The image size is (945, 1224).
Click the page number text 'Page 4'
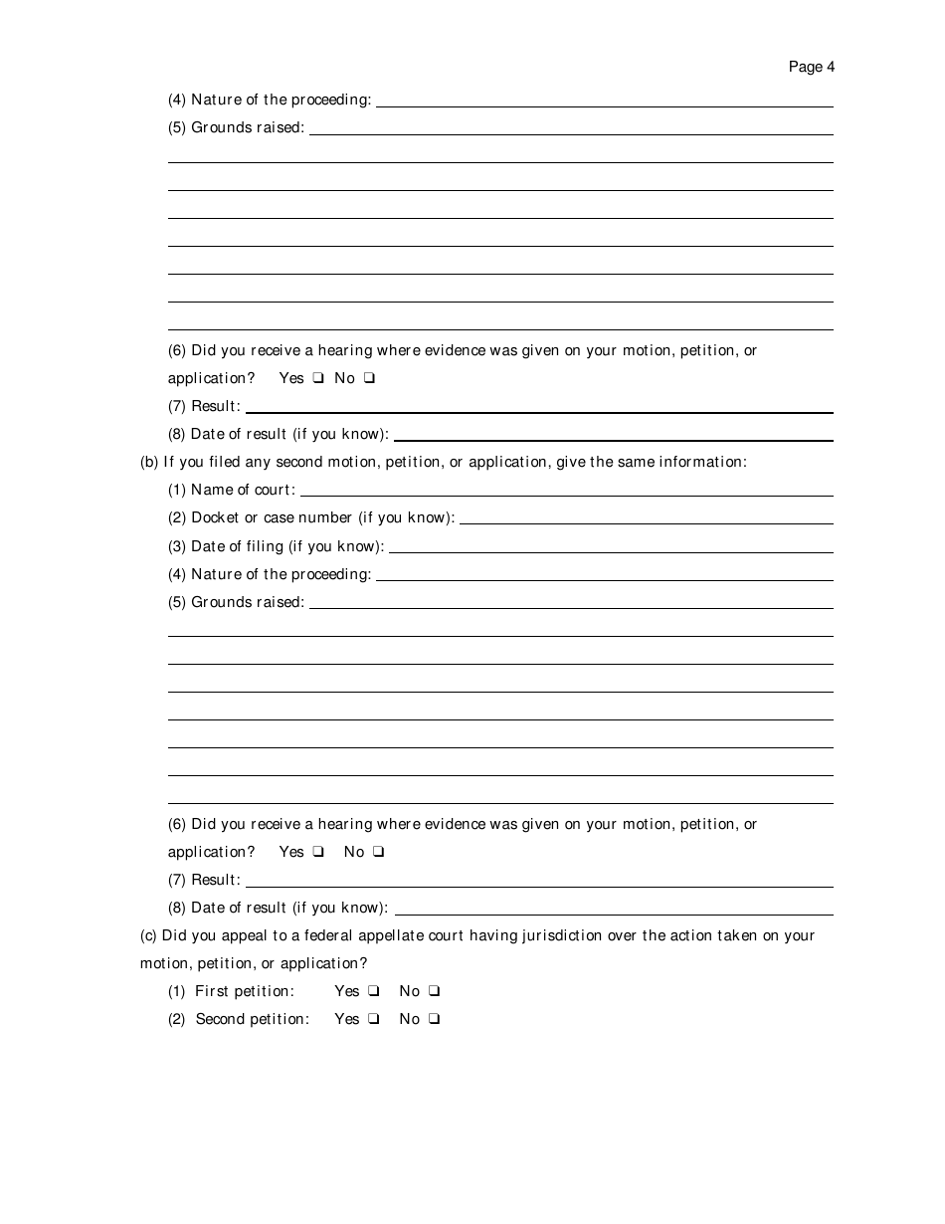click(811, 67)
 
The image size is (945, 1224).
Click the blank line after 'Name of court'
click(566, 492)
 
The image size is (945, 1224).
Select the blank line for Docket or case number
click(646, 519)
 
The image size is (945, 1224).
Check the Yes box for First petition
click(373, 991)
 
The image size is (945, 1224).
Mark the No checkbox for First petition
click(435, 991)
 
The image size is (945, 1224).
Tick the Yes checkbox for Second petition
click(373, 1019)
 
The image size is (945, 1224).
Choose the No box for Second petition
click(435, 1019)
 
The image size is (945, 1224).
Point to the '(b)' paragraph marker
click(149, 462)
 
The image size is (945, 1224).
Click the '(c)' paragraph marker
click(148, 935)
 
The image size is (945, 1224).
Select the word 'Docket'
click(215, 517)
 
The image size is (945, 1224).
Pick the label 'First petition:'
click(245, 991)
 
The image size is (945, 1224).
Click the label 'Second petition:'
click(253, 1019)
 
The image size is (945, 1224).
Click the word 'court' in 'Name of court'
click(277, 490)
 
